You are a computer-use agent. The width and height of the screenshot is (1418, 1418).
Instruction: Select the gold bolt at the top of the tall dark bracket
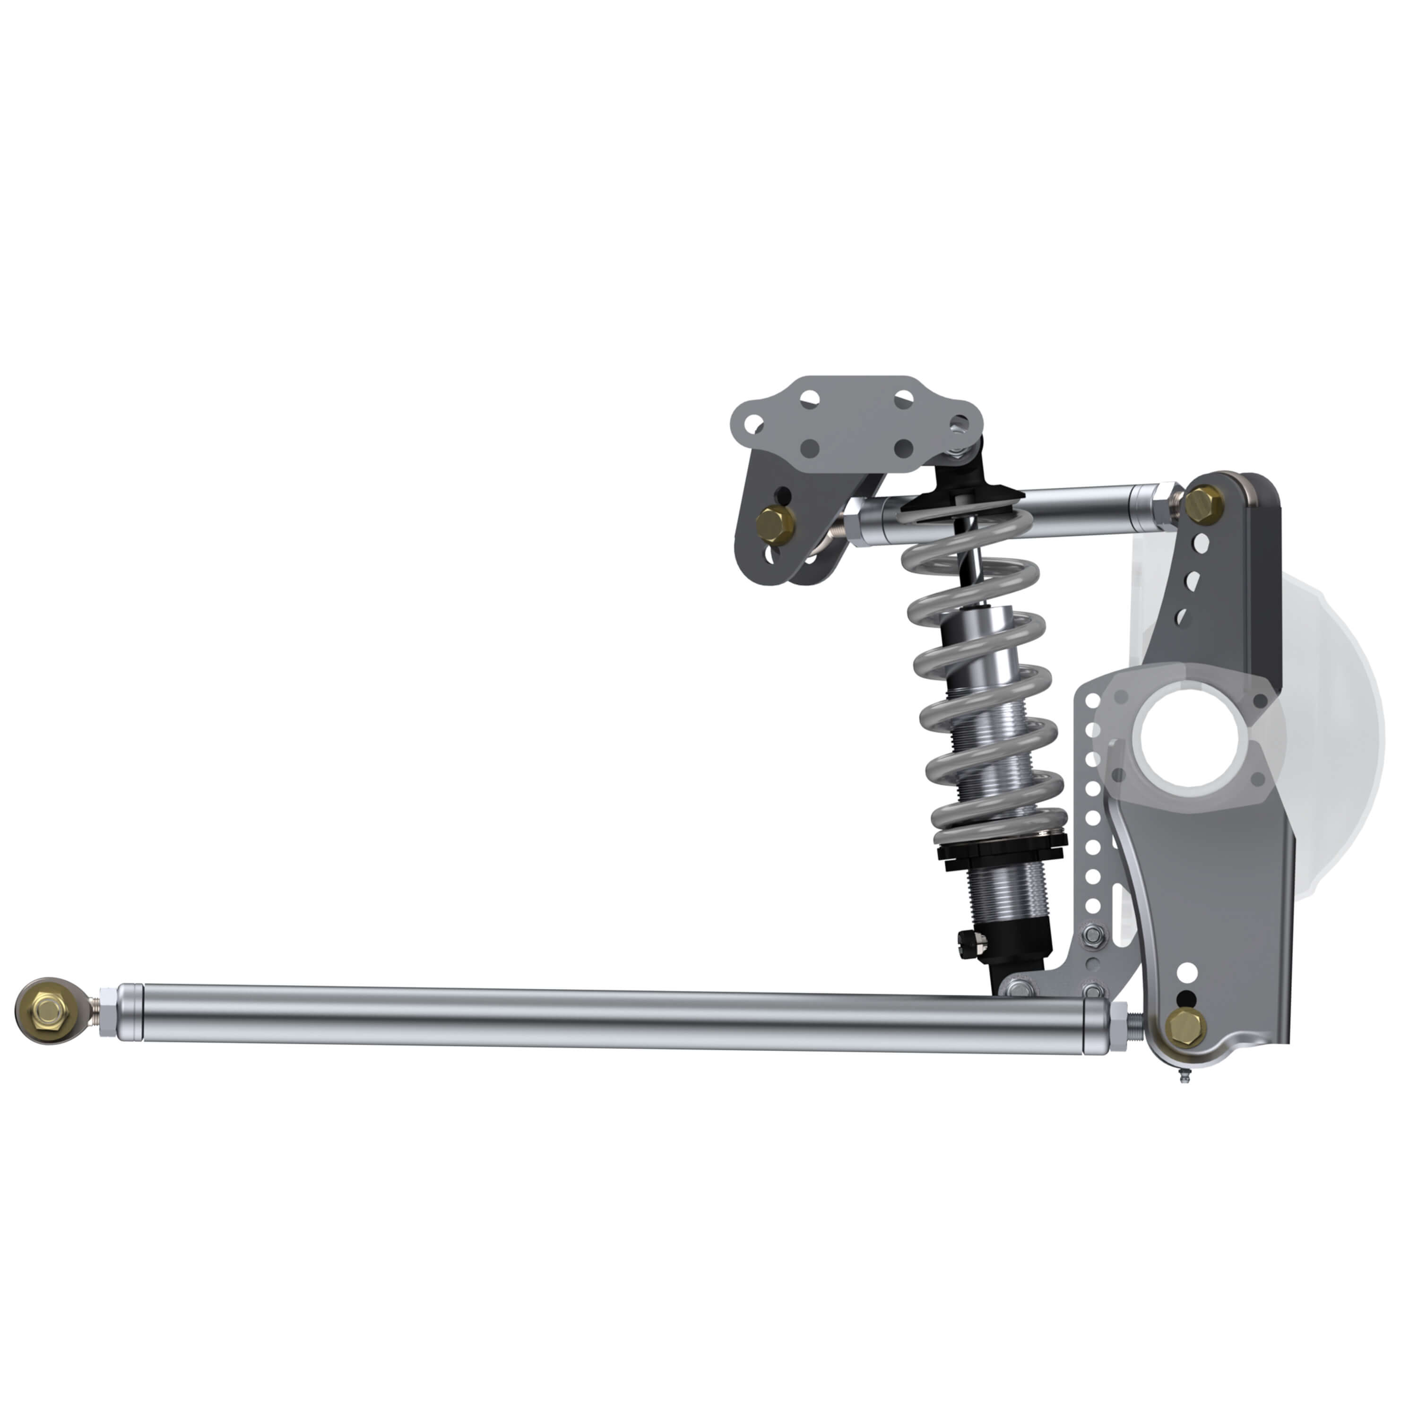[1204, 503]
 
